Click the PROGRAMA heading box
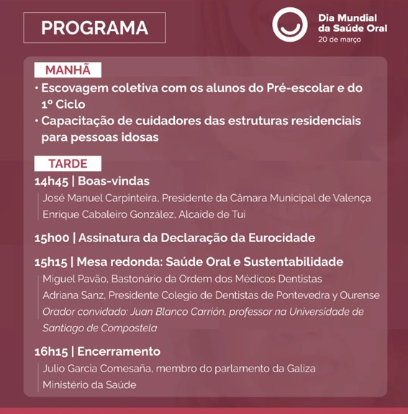point(94,28)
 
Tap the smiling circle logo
point(290,25)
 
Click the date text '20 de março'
point(340,39)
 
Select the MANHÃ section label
point(68,70)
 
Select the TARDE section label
point(68,164)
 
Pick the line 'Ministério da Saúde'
point(89,385)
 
